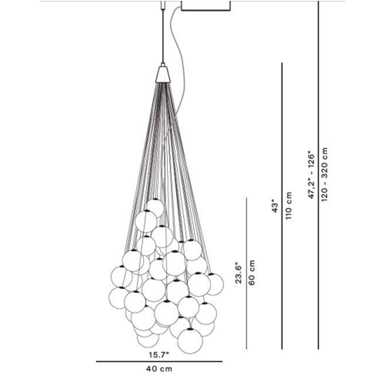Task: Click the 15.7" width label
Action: tap(159, 354)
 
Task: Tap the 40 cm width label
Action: tap(159, 369)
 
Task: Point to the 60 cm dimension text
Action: tap(252, 272)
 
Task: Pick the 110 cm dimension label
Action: tap(288, 206)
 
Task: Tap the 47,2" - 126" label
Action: tap(311, 175)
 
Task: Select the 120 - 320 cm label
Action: tap(324, 174)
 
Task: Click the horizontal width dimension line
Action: tap(159, 361)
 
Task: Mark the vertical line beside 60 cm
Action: tap(246, 273)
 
